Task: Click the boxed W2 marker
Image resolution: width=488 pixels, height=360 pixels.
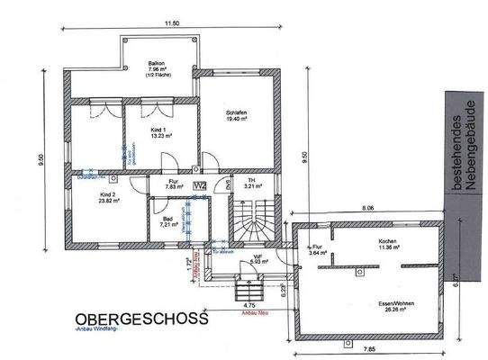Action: (x=202, y=185)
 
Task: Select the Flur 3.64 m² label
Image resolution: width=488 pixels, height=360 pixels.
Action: (x=316, y=249)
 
